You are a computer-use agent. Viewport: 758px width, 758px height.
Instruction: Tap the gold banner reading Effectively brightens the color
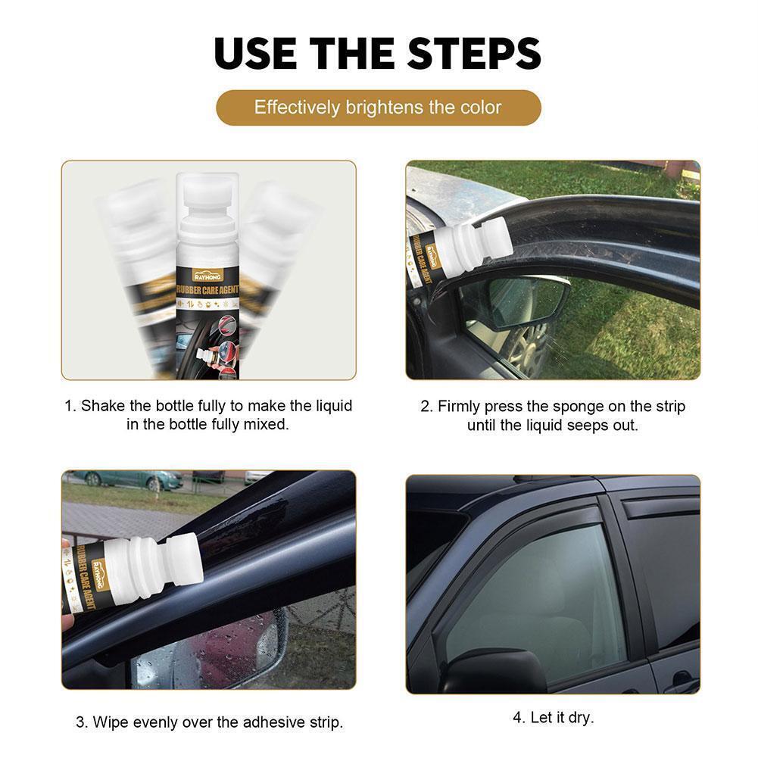[379, 108]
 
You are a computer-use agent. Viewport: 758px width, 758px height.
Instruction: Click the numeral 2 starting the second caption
[425, 406]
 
